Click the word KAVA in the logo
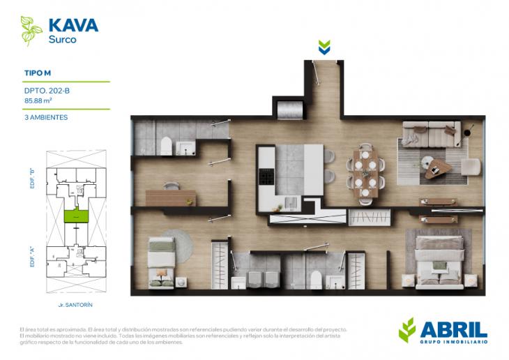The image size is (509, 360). (73, 26)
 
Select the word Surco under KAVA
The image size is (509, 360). (62, 40)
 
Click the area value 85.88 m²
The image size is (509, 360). (38, 100)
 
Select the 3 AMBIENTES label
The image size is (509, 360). (46, 117)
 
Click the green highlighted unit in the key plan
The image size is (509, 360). (75, 216)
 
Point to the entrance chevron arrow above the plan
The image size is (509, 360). (324, 47)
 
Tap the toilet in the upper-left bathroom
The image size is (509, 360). (166, 145)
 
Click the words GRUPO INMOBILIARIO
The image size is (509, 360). (454, 341)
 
